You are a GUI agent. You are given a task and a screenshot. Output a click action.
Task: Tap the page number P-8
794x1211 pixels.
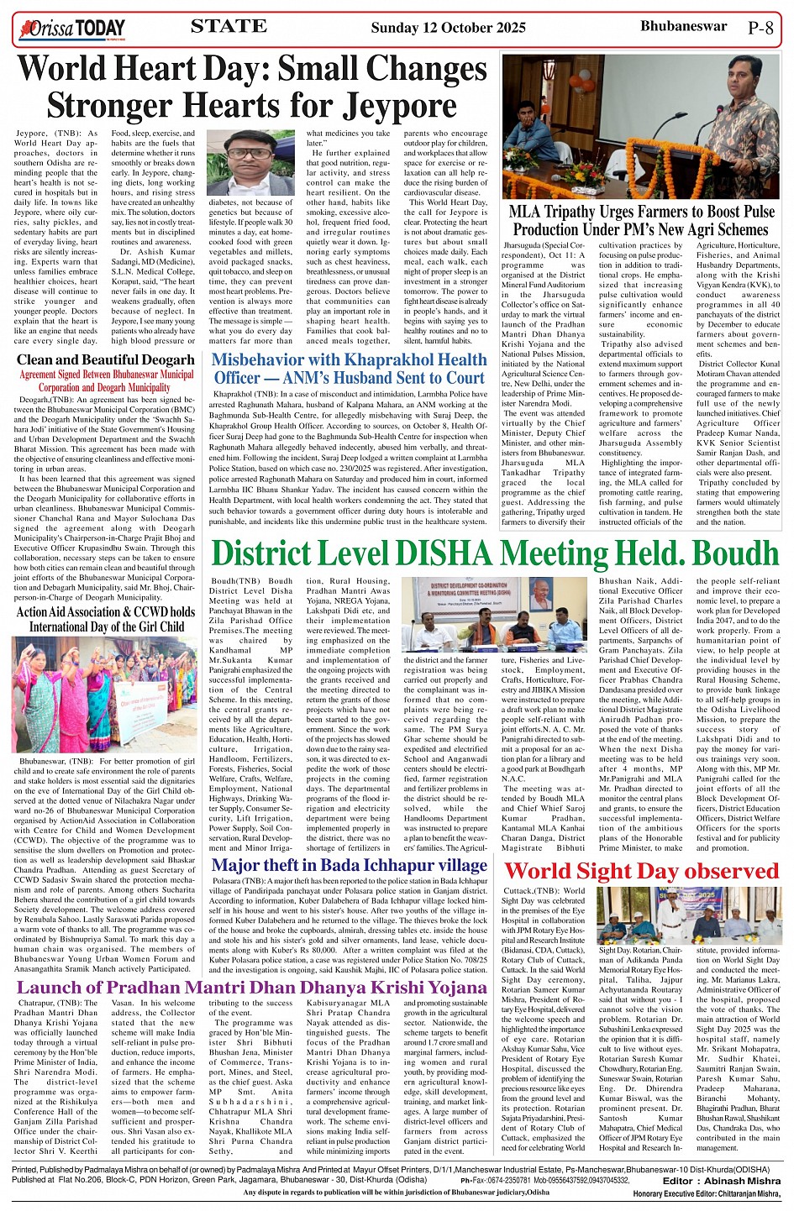[x=760, y=28]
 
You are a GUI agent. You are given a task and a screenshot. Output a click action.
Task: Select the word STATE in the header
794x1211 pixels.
[x=229, y=27]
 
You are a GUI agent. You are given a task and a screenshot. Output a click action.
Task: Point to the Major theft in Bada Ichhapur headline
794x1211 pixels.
[x=349, y=865]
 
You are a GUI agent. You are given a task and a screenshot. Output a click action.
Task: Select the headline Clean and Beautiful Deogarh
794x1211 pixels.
[x=105, y=360]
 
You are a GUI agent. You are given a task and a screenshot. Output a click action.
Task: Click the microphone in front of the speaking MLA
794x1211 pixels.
[x=710, y=118]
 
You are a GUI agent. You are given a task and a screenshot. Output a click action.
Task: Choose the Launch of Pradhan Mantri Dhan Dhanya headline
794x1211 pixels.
[x=251, y=988]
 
